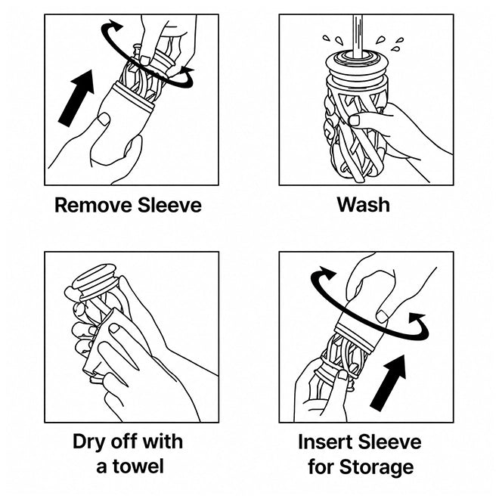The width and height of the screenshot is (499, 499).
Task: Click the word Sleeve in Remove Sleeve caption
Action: (x=169, y=205)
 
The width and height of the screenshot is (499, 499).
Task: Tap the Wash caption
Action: (x=364, y=205)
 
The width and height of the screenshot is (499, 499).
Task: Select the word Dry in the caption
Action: (x=89, y=442)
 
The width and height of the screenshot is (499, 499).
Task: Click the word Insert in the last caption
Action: (x=325, y=442)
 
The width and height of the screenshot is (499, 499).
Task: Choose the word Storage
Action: (x=377, y=467)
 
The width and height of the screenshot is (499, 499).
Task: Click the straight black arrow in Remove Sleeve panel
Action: (x=76, y=98)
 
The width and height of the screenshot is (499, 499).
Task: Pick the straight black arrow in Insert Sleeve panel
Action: (x=389, y=383)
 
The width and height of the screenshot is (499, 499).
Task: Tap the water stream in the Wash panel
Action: (x=358, y=36)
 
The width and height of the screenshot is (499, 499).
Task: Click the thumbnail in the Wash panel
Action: (x=355, y=120)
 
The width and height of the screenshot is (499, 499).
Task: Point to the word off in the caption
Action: (x=125, y=442)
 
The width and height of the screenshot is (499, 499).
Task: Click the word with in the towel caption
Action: (x=163, y=442)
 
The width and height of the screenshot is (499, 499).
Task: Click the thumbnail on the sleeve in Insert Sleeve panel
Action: (x=383, y=316)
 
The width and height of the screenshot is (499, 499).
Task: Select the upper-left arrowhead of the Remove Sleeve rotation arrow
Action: (x=114, y=25)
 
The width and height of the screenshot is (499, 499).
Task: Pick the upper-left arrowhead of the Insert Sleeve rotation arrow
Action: (x=327, y=272)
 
